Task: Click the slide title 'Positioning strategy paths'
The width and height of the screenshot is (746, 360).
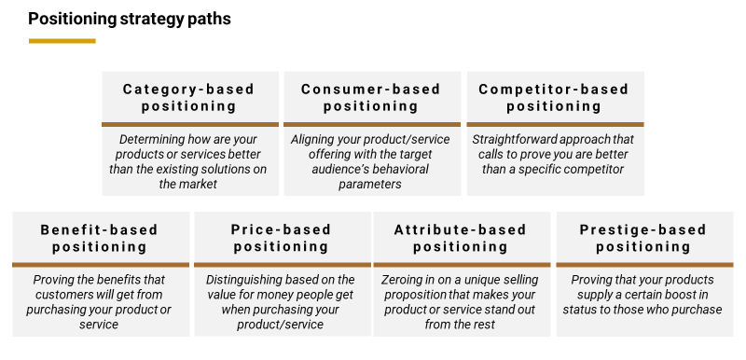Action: (130, 19)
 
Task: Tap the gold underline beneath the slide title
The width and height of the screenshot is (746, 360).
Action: (62, 41)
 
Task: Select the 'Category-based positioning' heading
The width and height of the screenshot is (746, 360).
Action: (189, 97)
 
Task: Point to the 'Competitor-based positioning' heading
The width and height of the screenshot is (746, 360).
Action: (554, 97)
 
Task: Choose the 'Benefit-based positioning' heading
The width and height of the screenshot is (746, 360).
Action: (100, 238)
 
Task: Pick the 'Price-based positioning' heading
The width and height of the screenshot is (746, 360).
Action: (282, 238)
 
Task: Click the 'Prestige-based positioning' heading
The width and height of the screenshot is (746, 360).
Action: (643, 238)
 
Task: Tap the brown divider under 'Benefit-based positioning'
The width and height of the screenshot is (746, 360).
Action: (100, 265)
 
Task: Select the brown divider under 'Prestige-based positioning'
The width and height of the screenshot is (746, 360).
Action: (643, 265)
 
